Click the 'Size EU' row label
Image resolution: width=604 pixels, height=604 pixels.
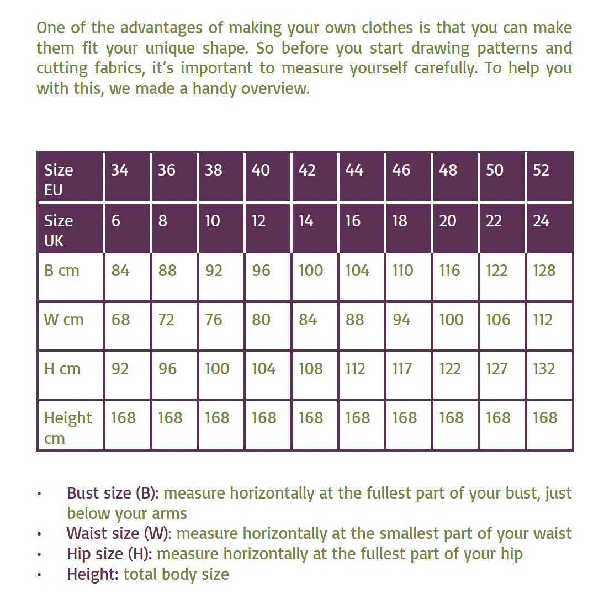[x=58, y=179]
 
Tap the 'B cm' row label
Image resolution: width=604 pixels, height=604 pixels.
[x=61, y=271]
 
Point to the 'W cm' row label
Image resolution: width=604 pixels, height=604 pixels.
[x=63, y=320]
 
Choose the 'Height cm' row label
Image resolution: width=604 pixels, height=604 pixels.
[x=67, y=427]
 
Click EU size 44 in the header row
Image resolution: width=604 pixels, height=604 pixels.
[x=354, y=170]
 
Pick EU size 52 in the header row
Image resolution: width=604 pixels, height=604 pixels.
[x=541, y=170]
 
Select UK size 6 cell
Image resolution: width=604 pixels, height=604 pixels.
[x=115, y=221]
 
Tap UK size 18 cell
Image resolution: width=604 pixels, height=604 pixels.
[x=400, y=221]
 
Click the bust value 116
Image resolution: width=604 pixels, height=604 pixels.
[x=449, y=271]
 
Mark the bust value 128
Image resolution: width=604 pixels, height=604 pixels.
[x=544, y=271]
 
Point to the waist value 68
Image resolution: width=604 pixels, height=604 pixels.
[x=120, y=320]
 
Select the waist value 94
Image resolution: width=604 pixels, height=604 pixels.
[x=401, y=320]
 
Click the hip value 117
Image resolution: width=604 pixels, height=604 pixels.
[x=402, y=369]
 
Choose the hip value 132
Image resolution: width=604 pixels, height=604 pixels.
[x=544, y=369]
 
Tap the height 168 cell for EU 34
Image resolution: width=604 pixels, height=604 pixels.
[x=123, y=418]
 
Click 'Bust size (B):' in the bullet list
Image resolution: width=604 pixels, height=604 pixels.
[x=113, y=493]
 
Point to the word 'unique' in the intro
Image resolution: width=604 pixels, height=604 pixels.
[x=171, y=48]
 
